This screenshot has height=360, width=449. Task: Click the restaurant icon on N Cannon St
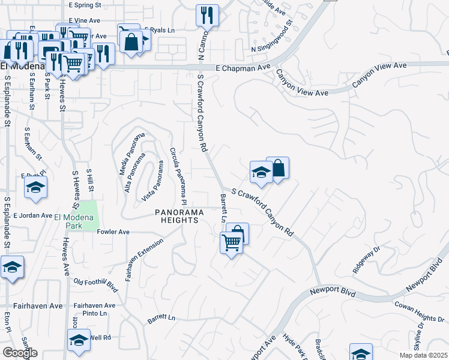207,15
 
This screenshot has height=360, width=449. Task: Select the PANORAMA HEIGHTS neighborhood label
176,216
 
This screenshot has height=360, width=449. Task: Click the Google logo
20,353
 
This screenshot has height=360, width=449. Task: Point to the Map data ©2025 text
423,355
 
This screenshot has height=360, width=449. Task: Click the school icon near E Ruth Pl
36,187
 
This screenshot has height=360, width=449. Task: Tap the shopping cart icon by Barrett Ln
231,242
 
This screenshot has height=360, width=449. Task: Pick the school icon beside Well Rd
79,340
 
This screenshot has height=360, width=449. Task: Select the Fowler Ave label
113,232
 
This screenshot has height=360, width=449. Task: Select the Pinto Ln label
95,313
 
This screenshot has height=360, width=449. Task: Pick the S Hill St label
90,181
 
